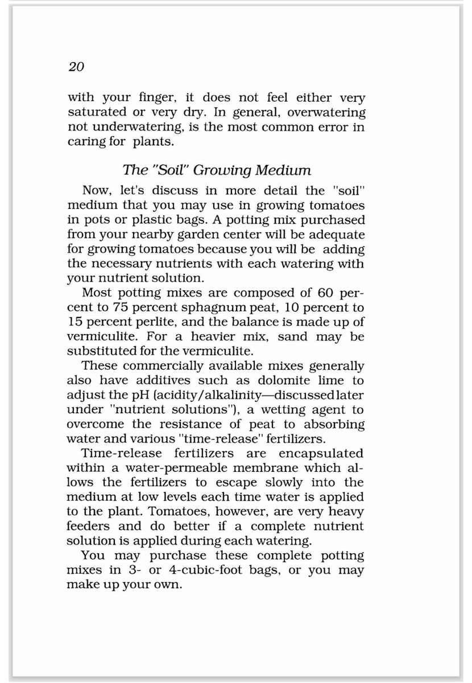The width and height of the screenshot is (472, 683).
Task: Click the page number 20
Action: tap(76, 67)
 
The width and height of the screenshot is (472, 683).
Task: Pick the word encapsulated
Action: tap(321, 454)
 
